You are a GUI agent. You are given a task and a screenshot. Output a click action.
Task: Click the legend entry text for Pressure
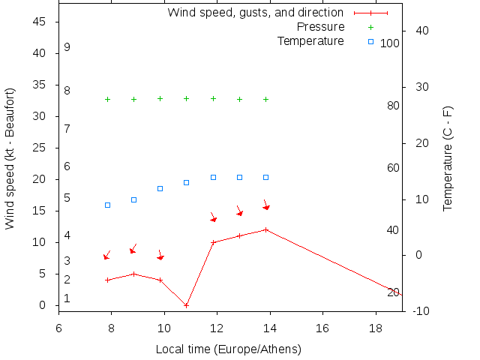(x=321, y=27)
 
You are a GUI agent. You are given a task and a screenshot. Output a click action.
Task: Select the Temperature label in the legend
(x=310, y=40)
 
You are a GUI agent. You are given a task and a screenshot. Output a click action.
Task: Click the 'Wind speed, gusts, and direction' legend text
(x=255, y=13)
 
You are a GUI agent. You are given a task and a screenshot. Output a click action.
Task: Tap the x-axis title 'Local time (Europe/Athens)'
(x=228, y=349)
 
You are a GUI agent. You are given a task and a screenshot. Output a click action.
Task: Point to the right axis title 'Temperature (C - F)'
(x=448, y=158)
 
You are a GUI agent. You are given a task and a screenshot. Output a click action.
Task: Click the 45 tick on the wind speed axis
(x=40, y=22)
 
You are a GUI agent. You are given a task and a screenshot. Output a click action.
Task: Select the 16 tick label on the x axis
(x=322, y=328)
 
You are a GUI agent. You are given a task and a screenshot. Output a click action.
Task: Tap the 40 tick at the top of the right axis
(x=421, y=31)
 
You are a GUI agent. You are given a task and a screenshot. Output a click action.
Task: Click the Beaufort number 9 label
(x=67, y=47)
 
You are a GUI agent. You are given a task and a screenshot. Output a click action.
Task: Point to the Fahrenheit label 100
(x=390, y=43)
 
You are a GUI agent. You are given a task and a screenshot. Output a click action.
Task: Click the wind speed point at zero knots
(x=187, y=305)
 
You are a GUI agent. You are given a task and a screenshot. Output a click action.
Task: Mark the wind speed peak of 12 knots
(x=265, y=229)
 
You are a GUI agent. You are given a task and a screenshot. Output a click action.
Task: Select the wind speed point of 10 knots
(x=213, y=242)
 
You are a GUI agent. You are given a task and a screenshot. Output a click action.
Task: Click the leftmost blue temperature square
(x=107, y=205)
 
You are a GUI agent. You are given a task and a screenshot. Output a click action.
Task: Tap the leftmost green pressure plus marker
(x=107, y=99)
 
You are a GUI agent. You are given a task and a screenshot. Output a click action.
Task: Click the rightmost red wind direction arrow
(x=265, y=205)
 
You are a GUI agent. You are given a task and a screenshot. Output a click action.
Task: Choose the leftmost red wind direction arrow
(x=106, y=256)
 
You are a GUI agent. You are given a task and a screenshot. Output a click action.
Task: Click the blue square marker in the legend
(x=370, y=41)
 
